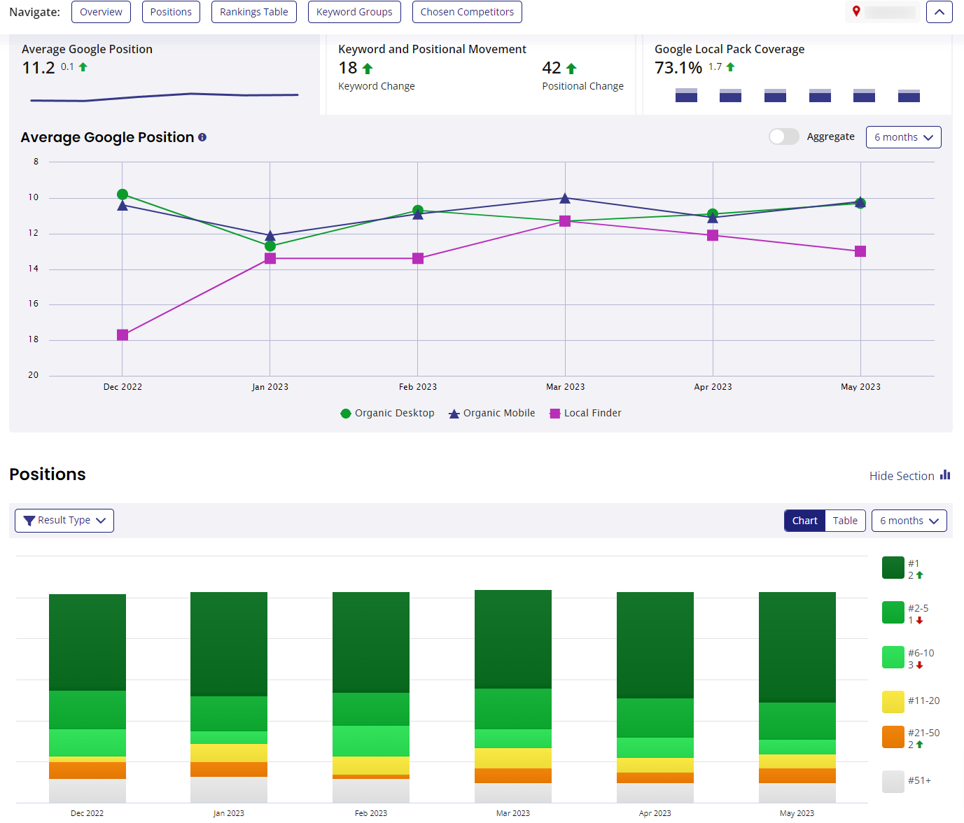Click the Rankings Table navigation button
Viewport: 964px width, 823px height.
[x=253, y=12]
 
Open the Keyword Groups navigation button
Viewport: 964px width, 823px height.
[x=354, y=12]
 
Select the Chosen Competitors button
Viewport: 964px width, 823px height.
[x=467, y=12]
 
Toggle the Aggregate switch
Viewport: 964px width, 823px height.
[x=783, y=136]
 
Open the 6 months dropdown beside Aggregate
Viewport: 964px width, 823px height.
[x=903, y=137]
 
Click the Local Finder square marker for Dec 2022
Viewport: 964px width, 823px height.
[x=123, y=335]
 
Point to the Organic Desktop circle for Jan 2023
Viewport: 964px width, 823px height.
[x=270, y=246]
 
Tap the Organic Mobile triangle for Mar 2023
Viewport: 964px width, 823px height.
[x=565, y=199]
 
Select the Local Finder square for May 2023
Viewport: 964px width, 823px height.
[x=860, y=251]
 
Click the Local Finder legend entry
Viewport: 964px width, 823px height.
[x=586, y=414]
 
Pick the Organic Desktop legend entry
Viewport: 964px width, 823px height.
[x=388, y=414]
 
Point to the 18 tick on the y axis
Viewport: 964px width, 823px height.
[x=34, y=339]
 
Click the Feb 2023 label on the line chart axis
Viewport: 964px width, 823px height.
[x=418, y=387]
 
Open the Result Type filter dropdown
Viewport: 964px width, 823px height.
[x=64, y=521]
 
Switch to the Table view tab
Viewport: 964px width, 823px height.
[x=845, y=521]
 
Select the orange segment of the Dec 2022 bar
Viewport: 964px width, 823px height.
[x=88, y=770]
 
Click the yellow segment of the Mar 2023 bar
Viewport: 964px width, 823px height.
[x=513, y=758]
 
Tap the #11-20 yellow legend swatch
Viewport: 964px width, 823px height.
[x=893, y=701]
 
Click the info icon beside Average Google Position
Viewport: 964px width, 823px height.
[x=202, y=137]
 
